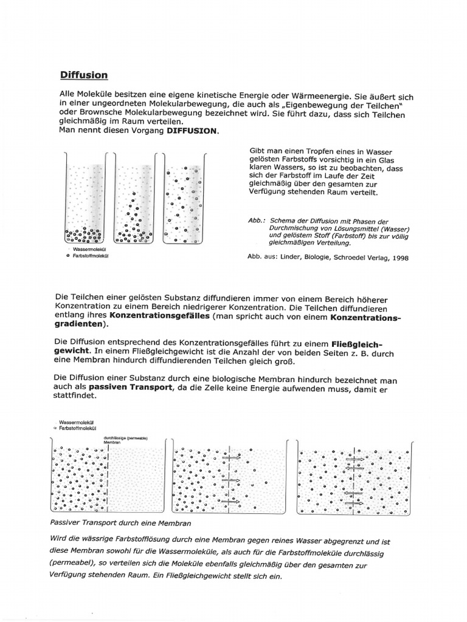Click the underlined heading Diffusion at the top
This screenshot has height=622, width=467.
coord(84,75)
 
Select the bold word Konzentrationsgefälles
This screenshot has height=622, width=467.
coord(160,317)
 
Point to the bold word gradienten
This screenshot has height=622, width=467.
coord(78,326)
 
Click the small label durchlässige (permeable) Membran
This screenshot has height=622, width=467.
coord(126,440)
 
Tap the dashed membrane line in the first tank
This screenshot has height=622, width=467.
coord(108,480)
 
